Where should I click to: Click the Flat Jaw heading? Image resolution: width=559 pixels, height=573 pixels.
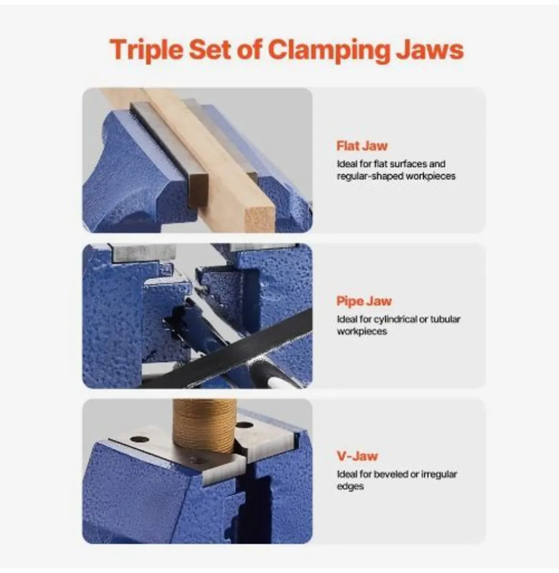pos(362,146)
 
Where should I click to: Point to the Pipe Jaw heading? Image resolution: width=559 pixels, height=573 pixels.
pos(364,301)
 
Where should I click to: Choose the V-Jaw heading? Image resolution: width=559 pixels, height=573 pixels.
pos(357,456)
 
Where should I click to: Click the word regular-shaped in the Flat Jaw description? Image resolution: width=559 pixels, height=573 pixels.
pos(370,176)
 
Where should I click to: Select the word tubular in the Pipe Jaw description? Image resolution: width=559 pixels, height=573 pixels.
pos(445,319)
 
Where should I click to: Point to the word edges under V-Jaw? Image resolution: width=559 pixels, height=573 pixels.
pos(350,487)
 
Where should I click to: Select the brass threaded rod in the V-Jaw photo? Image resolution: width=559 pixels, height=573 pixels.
pos(204,425)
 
